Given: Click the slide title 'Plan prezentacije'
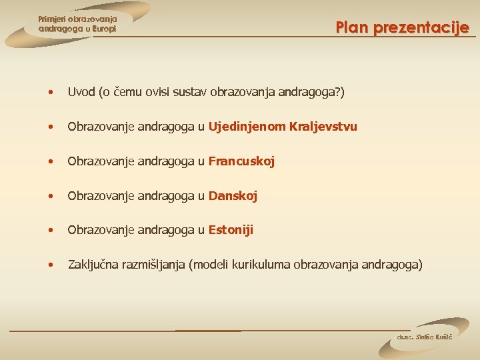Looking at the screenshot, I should coord(402,28).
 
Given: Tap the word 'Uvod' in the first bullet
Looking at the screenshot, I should coord(81,92).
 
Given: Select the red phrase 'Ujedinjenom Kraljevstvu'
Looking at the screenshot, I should coord(283,127).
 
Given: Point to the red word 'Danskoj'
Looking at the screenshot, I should coord(233,196).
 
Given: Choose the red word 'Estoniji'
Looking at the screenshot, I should coord(231,230).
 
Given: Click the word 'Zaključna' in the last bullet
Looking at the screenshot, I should coord(93,265).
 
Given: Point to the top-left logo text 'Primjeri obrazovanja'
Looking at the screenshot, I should coord(77,19).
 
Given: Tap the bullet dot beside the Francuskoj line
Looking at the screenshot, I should coord(51,162).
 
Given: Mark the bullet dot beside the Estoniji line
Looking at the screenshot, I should coord(51,231).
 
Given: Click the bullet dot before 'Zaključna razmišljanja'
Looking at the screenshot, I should coord(51,265).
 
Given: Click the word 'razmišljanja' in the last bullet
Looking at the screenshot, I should coord(154,265).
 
